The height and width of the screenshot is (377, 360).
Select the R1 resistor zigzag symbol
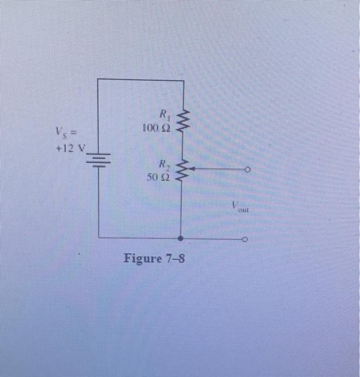click(x=184, y=122)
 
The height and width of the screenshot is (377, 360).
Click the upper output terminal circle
click(x=247, y=170)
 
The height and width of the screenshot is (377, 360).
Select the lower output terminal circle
click(x=247, y=238)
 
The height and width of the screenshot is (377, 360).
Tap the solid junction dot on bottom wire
click(x=181, y=238)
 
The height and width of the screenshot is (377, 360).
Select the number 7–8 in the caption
click(x=175, y=259)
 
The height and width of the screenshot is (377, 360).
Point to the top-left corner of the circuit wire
click(x=98, y=79)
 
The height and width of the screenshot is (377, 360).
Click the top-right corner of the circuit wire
click(x=184, y=81)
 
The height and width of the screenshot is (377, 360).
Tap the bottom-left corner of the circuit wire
click(x=99, y=237)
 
